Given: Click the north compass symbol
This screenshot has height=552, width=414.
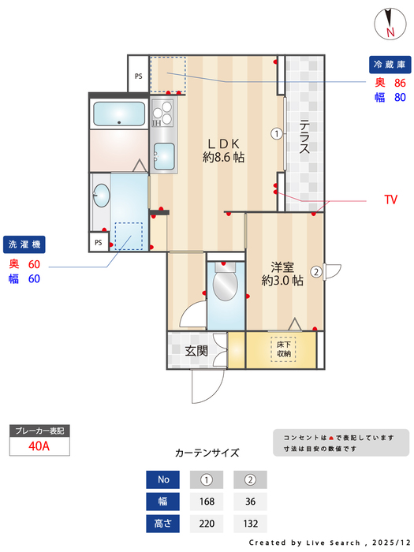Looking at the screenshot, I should (390, 22).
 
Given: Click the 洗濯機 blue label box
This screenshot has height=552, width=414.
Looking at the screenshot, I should (25, 244).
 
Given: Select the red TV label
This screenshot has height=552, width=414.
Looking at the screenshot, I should (390, 200).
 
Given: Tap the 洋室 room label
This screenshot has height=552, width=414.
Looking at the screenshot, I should (282, 273).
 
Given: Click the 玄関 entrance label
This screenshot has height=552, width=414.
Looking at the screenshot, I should (196, 351).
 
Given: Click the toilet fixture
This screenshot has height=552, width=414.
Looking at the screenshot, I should (226, 285).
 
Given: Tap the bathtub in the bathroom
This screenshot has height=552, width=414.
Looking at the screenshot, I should (118, 114).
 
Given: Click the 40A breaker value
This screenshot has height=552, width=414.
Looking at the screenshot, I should (39, 446).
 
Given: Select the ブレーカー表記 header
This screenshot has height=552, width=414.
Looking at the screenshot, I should (39, 431).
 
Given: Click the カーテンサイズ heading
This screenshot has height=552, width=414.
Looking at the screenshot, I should (207, 453).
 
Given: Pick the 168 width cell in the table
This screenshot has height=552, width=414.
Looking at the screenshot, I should (207, 501).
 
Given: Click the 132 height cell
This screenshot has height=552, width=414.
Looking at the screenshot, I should (251, 523).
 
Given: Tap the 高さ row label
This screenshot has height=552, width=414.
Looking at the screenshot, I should (163, 523).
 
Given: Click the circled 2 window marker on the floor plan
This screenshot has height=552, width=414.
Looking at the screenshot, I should (315, 273).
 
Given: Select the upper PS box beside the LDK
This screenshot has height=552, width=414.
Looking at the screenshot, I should (138, 76).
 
